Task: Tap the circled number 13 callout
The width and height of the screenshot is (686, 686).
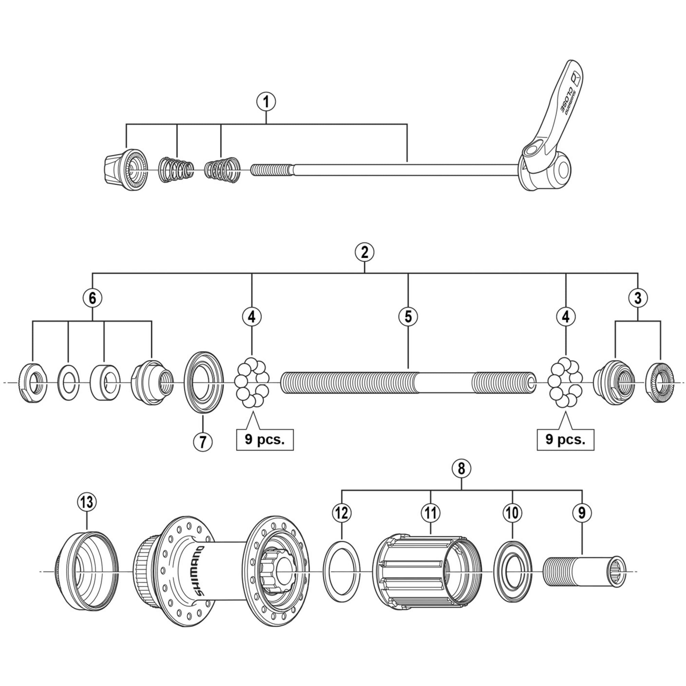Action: [87, 502]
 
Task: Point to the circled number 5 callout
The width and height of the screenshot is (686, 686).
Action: [408, 316]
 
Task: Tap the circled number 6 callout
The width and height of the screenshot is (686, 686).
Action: [92, 298]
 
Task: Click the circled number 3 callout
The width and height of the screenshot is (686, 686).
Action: [638, 298]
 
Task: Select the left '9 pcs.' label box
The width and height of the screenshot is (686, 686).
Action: [265, 440]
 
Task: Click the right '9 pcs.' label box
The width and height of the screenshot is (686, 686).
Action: [565, 440]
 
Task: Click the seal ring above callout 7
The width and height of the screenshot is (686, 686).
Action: [203, 382]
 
